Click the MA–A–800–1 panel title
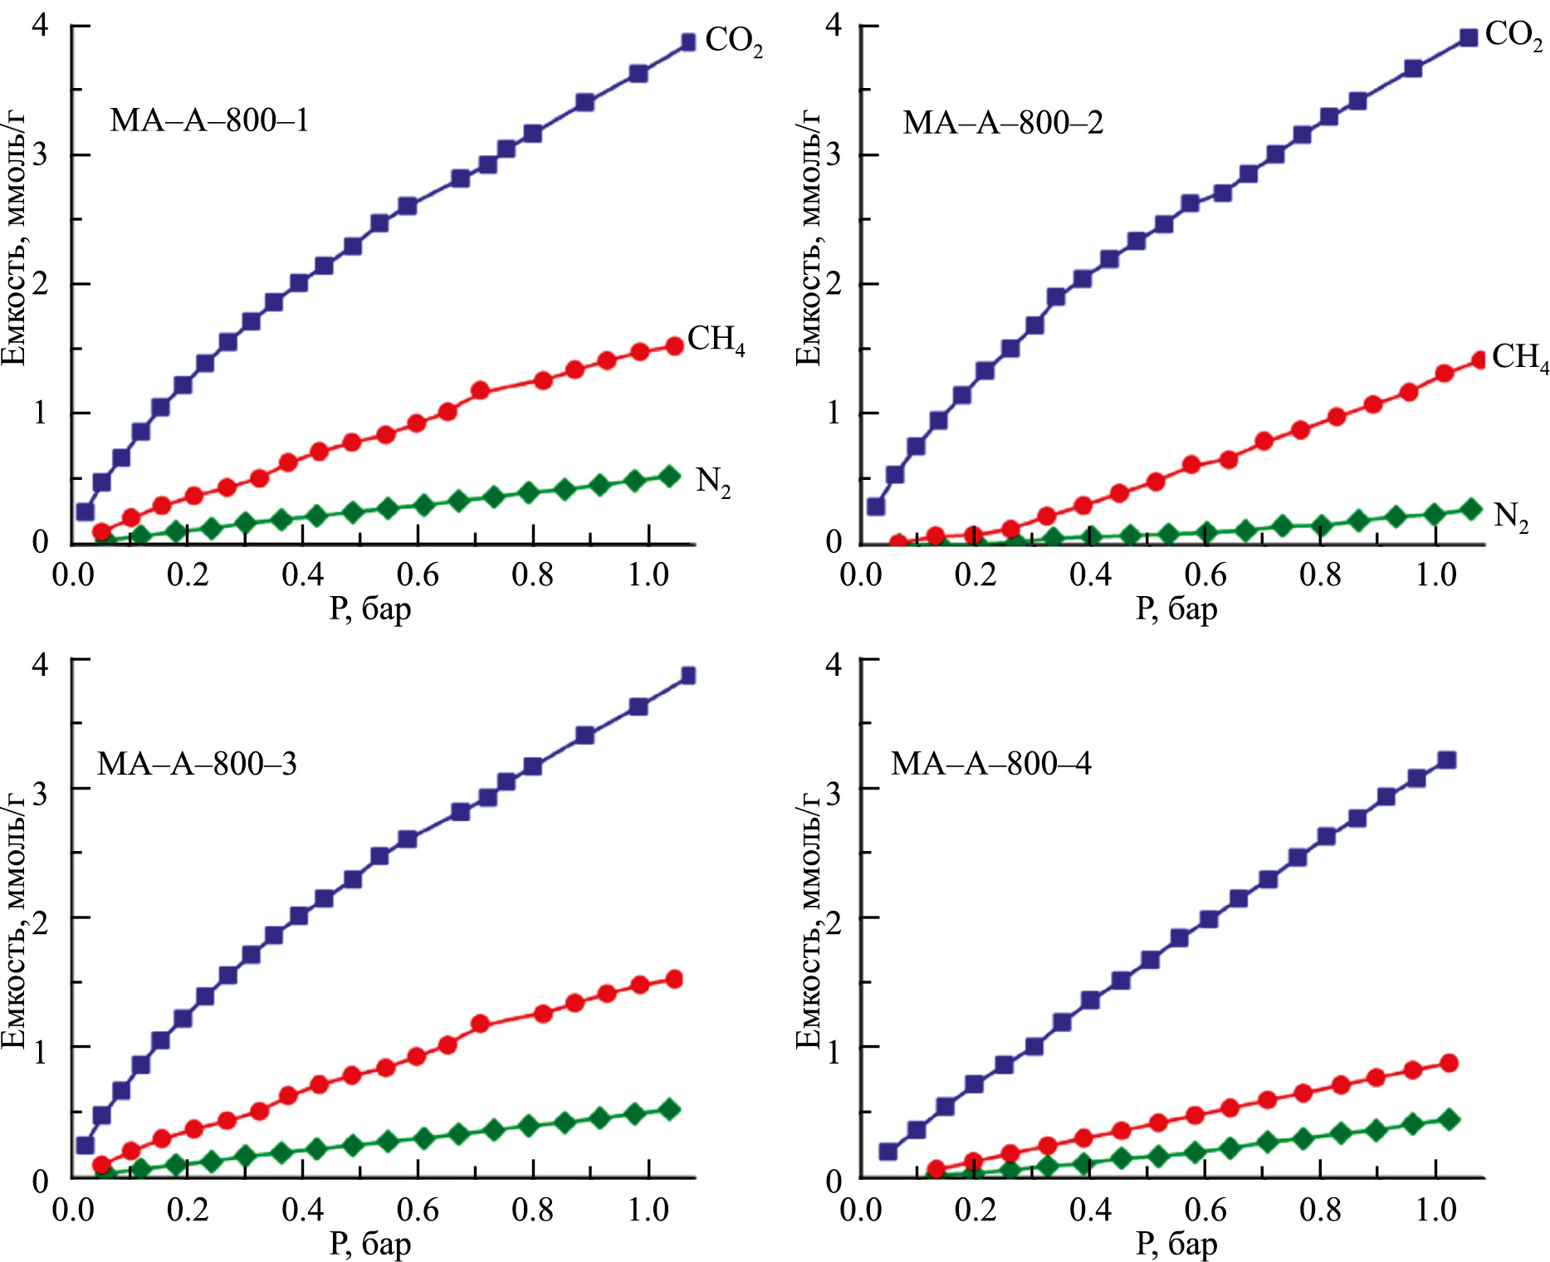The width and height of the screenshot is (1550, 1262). click(x=209, y=121)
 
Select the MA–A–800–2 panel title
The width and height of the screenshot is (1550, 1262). click(x=1003, y=123)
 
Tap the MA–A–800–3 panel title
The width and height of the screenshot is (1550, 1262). click(x=197, y=764)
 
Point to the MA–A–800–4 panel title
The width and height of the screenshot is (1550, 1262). click(x=990, y=764)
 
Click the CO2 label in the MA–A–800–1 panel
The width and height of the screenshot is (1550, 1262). click(x=733, y=41)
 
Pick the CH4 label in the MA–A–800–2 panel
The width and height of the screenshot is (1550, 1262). click(x=1519, y=357)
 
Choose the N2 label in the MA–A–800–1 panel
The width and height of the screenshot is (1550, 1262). click(x=713, y=481)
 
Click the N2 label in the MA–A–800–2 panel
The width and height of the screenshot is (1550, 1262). click(x=1510, y=516)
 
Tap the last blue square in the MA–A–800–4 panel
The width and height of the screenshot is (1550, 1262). click(x=1447, y=760)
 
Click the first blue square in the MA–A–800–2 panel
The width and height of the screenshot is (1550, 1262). click(x=876, y=506)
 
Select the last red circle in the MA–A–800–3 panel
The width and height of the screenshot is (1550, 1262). click(x=674, y=979)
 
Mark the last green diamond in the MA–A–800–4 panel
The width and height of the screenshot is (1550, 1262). click(x=1449, y=1119)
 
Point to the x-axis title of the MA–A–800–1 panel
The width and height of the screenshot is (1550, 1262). click(x=370, y=609)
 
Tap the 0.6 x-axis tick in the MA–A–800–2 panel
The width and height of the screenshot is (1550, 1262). click(x=1205, y=575)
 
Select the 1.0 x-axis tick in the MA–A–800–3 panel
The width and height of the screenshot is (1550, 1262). click(x=648, y=1210)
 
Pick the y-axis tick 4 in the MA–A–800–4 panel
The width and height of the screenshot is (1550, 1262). click(x=834, y=664)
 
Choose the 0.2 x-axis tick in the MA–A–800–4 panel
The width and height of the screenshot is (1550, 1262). click(x=975, y=1210)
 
